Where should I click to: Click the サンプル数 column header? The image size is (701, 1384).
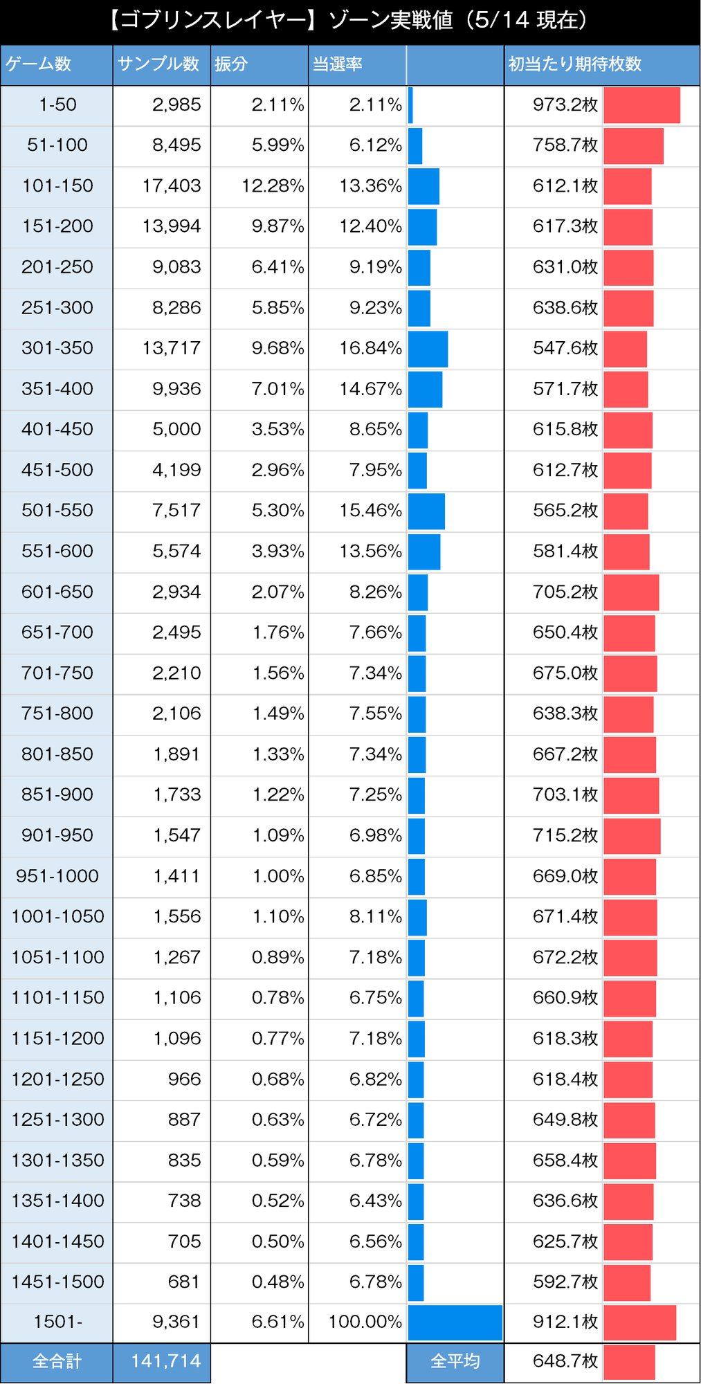[158, 64]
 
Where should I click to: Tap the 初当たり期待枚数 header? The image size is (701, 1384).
[575, 64]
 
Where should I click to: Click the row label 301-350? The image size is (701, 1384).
[57, 348]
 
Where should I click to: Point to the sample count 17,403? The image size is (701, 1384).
[172, 185]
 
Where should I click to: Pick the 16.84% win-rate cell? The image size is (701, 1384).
[370, 348]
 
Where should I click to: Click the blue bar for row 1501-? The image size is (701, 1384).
[455, 1322]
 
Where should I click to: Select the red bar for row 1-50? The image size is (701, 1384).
[641, 105]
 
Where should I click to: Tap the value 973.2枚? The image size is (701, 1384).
[565, 105]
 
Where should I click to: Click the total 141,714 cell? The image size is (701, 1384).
[165, 1361]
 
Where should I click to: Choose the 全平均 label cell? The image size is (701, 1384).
[455, 1361]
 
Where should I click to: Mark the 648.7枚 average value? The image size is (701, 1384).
[565, 1361]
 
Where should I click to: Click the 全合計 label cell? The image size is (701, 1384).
[57, 1361]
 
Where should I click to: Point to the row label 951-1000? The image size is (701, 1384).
[57, 876]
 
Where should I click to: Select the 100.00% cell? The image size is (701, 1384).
[365, 1322]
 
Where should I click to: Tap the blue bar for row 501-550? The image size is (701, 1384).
[426, 511]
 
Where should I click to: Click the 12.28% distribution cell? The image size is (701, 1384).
[273, 185]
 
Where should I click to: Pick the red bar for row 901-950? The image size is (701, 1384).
[632, 836]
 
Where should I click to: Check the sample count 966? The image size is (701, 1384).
[184, 1079]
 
